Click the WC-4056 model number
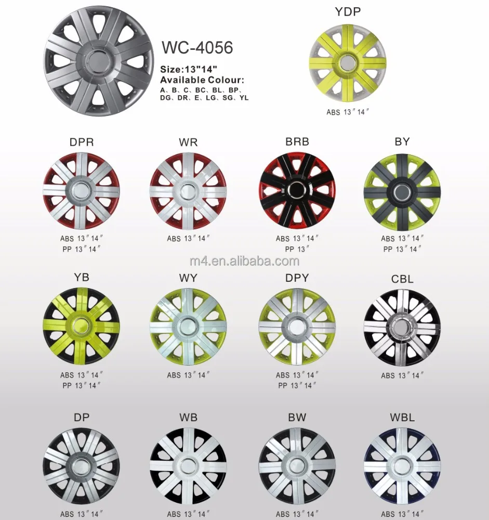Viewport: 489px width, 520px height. tap(197, 47)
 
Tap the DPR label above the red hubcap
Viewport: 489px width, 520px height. tap(81, 142)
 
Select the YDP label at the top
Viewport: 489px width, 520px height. tap(348, 12)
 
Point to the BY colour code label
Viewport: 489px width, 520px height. tap(402, 141)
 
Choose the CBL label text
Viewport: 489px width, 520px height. tap(402, 279)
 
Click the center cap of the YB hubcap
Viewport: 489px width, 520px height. tap(81, 327)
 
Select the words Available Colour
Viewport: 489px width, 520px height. tap(202, 80)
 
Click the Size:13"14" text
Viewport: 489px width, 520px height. tap(189, 69)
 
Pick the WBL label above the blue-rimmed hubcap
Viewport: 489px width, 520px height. tap(402, 417)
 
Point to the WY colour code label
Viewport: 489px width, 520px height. tap(188, 278)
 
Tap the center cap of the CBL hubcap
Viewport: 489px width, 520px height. tap(402, 327)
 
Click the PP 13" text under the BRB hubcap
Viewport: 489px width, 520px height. tap(297, 249)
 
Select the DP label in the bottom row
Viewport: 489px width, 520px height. tap(81, 417)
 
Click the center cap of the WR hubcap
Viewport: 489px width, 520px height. tap(188, 189)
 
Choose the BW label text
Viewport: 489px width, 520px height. tap(297, 417)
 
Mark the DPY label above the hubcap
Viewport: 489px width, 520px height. tap(297, 278)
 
